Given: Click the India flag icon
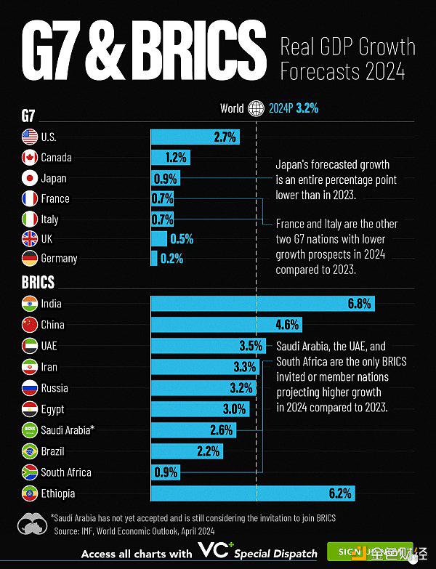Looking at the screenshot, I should [29, 304].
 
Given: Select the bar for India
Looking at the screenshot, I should [262, 304].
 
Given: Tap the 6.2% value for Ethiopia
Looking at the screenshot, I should [340, 493].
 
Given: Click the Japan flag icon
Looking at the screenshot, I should [29, 178].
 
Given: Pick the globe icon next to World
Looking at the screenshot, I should [257, 109].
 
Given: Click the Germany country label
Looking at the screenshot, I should [59, 258].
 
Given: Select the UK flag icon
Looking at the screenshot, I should [29, 238].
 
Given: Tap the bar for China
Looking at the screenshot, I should [225, 325].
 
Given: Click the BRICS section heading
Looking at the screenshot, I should [38, 282].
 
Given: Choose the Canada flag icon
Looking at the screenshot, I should [29, 158].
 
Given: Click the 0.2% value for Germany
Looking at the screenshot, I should [171, 258].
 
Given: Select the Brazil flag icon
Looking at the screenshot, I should [29, 451].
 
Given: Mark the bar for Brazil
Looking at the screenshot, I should [186, 451].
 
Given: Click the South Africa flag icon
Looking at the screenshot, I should [29, 472].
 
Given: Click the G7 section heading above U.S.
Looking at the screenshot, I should [30, 116].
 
